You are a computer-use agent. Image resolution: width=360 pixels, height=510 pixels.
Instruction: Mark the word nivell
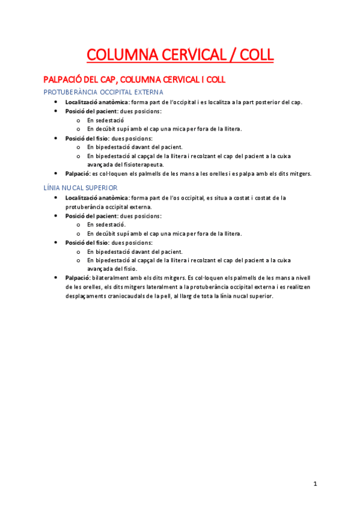[302, 277]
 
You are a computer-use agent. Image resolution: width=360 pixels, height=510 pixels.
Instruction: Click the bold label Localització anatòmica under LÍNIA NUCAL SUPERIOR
[97, 197]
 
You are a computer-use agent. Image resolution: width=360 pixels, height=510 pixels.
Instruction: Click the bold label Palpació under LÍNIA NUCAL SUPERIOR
[78, 277]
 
